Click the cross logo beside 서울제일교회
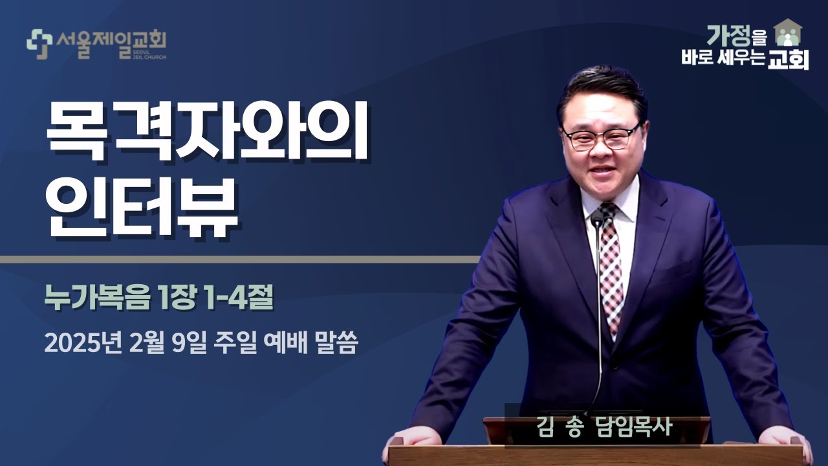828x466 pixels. [39, 44]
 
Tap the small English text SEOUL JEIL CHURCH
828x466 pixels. [153, 53]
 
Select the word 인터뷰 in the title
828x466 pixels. [143, 210]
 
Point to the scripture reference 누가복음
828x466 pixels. [97, 298]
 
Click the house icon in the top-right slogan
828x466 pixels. [788, 32]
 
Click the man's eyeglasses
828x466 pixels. [601, 137]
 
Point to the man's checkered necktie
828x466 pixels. [610, 265]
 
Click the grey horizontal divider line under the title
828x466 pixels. [239, 260]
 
